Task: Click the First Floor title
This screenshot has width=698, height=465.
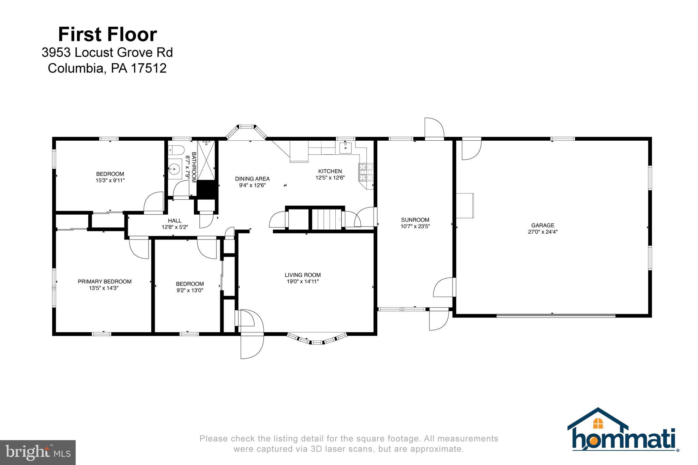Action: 107,34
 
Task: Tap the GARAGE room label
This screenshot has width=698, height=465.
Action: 543,225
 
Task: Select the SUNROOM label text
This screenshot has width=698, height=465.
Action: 415,220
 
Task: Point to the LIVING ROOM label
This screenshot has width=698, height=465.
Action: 303,275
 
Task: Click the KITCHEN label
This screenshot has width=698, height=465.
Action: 330,171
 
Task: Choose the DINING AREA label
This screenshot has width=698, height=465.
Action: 252,179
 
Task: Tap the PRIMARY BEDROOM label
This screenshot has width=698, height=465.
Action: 105,281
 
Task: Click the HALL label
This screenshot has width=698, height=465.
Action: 175,221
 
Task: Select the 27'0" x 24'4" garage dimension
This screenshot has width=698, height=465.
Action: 543,232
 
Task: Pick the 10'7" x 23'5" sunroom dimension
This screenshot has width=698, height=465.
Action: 415,226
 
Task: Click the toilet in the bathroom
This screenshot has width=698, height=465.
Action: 176,150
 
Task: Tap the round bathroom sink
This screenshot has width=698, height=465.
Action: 175,168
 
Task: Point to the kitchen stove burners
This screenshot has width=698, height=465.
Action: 365,172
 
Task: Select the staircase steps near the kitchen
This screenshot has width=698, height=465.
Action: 327,220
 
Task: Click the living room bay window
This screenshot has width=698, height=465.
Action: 317,339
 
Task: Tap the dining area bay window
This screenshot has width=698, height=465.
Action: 246,132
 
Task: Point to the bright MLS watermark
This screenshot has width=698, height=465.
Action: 38,452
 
